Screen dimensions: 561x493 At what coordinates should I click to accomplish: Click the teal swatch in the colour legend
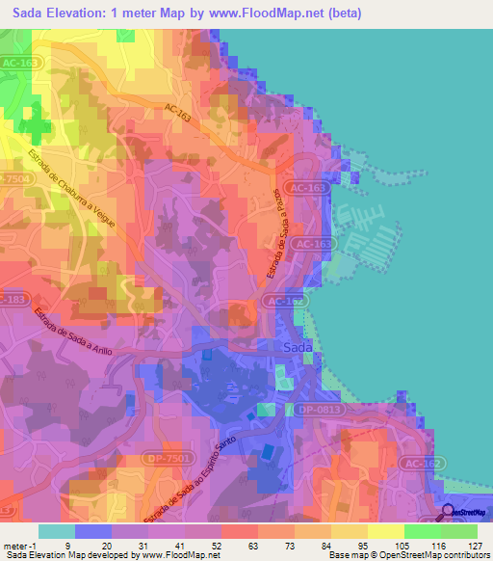point(57,530)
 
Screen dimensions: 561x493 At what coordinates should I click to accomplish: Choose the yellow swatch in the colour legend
point(385,530)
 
